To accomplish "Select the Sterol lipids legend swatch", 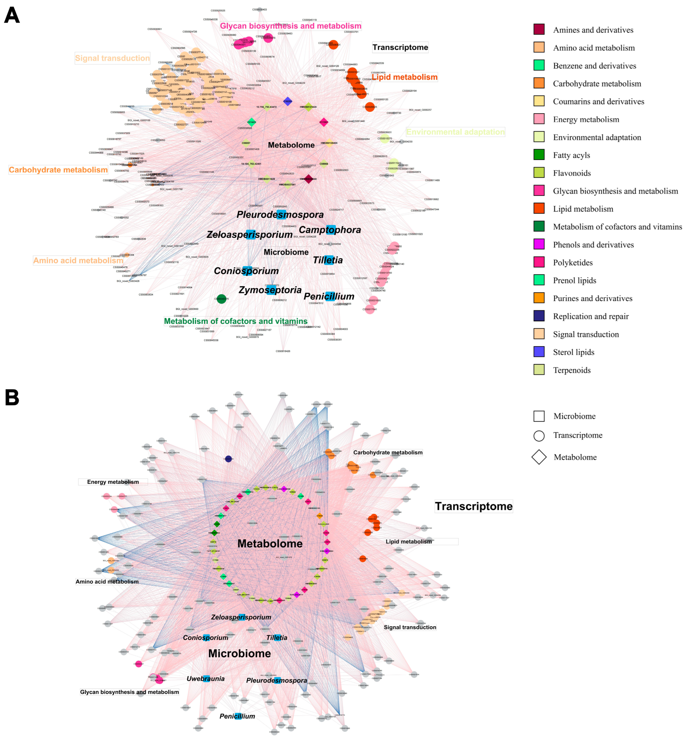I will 539,351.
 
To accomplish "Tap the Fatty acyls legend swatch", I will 539,154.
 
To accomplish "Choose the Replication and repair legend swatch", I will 539,316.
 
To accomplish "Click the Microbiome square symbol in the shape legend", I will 539,416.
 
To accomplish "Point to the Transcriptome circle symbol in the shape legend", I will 539,436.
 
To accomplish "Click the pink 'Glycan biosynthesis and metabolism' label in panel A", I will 290,26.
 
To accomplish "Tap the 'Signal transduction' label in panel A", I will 112,58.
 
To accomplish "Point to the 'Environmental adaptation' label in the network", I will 455,132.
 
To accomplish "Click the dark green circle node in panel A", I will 221,299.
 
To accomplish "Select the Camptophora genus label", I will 330,230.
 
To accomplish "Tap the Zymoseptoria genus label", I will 270,290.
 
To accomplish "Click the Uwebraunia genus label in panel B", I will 206,679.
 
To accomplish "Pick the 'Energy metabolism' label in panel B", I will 113,482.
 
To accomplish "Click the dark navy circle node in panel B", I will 229,459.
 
